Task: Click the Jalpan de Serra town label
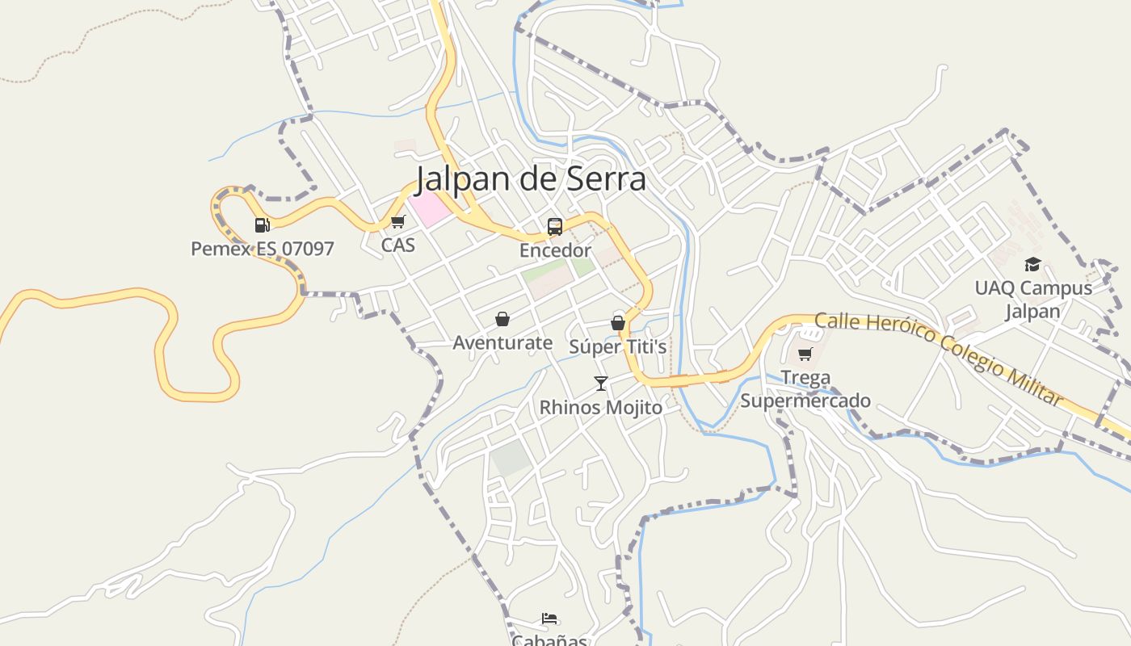531,179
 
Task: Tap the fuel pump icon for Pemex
262,225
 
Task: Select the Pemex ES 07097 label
262,249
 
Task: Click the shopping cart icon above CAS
397,221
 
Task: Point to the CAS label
397,245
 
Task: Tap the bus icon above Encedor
555,227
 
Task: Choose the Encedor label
555,250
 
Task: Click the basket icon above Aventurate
502,320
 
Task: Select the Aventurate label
502,343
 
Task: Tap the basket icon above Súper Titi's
618,324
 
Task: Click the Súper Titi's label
618,347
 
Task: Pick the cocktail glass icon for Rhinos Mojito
600,384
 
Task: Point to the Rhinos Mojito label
600,408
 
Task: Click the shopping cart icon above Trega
805,354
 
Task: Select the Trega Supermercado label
805,389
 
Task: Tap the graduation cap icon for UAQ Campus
1032,265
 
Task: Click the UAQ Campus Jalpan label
1032,300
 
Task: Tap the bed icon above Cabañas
549,619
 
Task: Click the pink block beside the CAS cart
429,209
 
